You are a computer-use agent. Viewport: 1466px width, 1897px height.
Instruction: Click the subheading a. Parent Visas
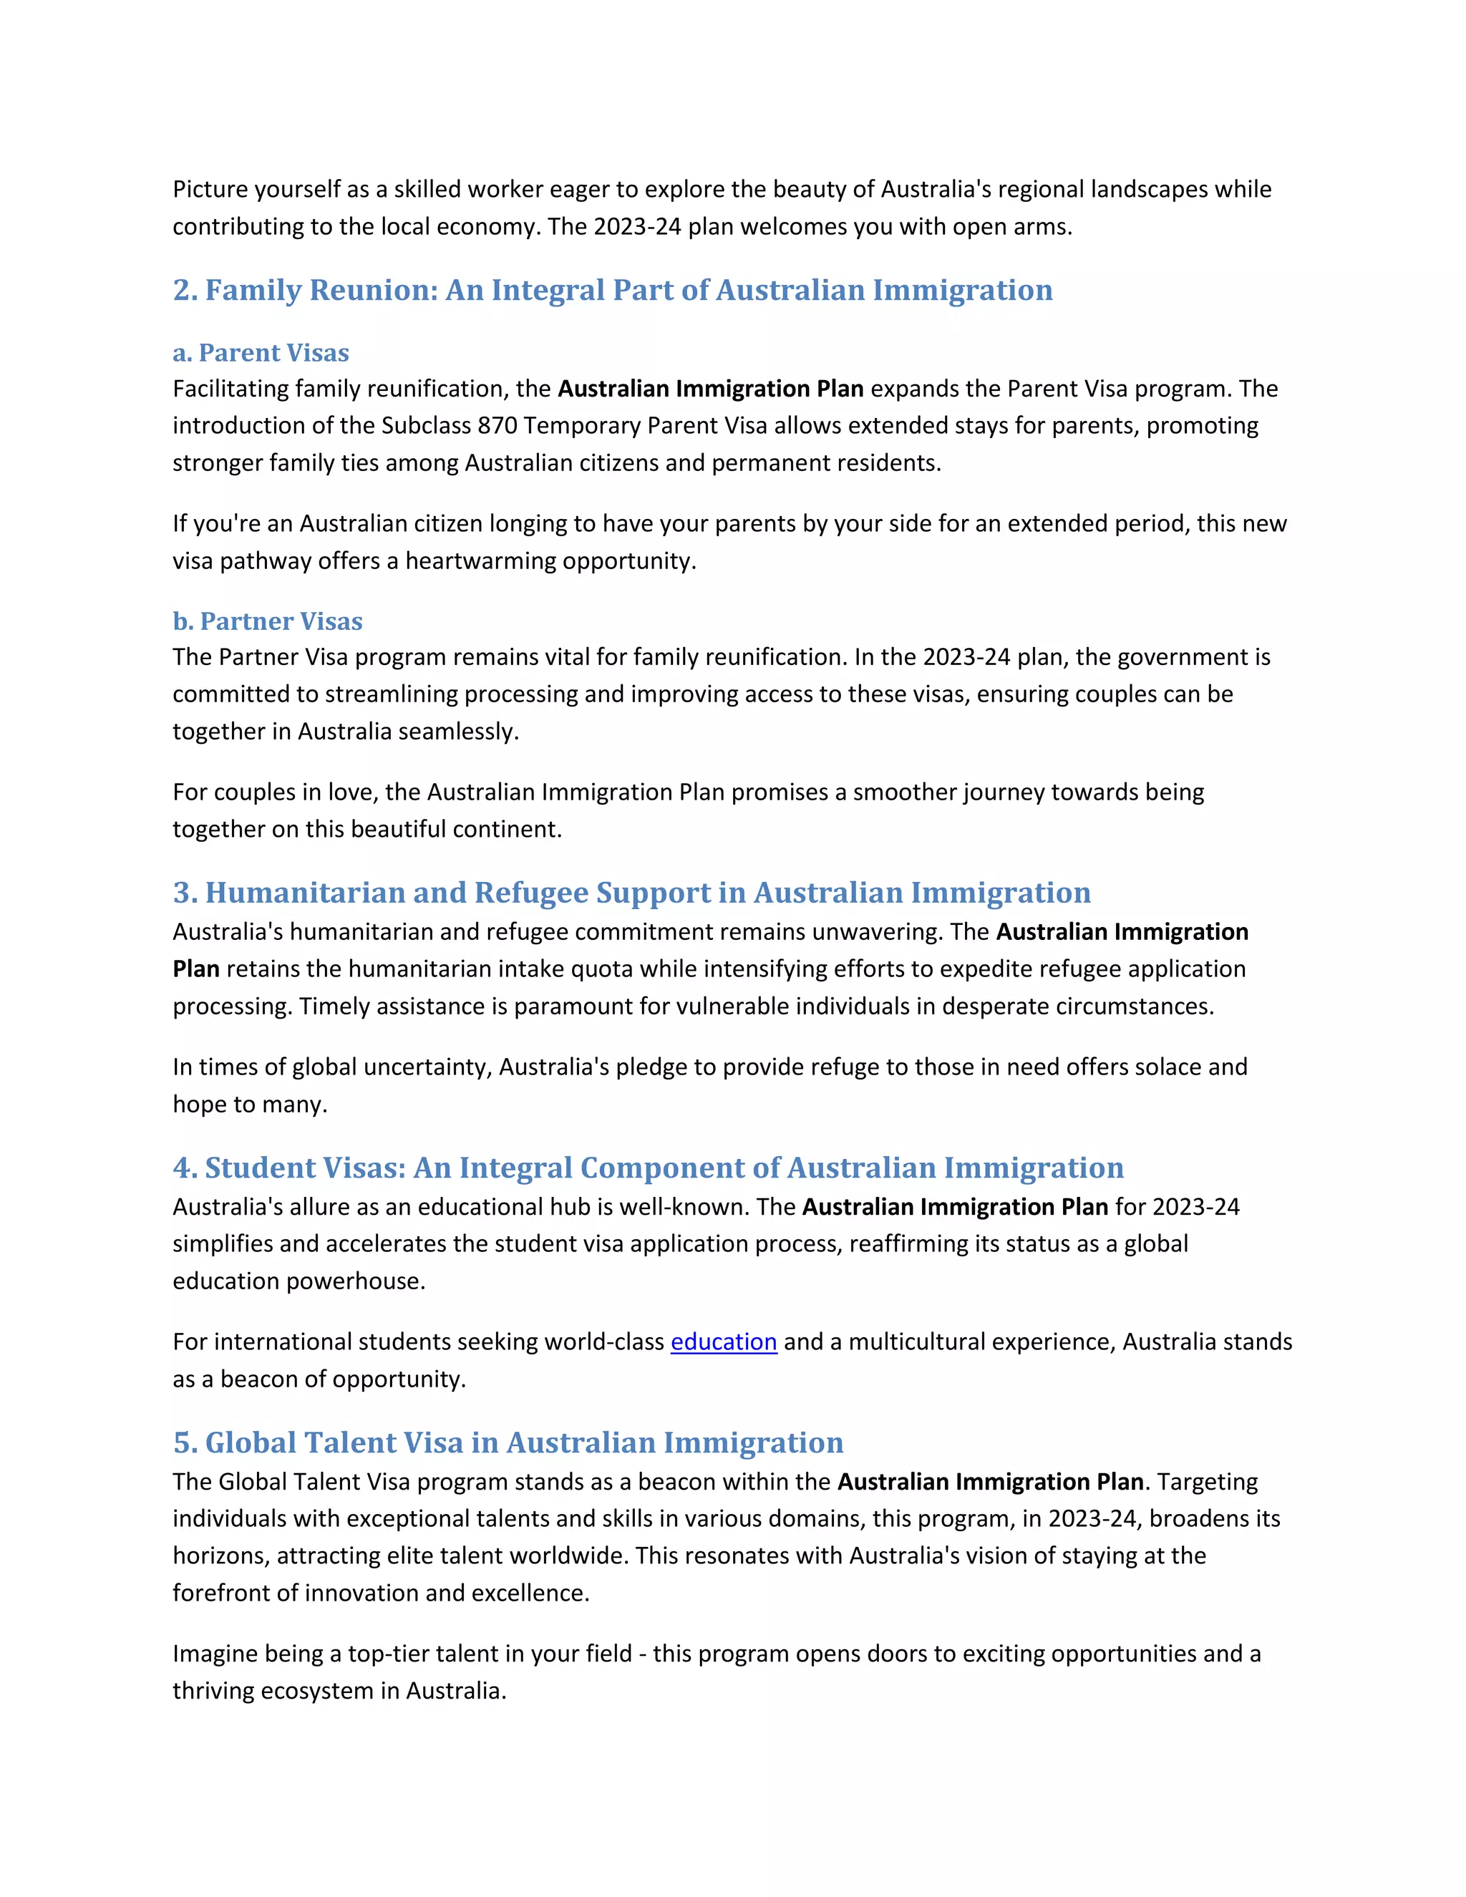point(261,353)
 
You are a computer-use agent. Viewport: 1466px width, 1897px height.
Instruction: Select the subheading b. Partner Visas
point(268,621)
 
